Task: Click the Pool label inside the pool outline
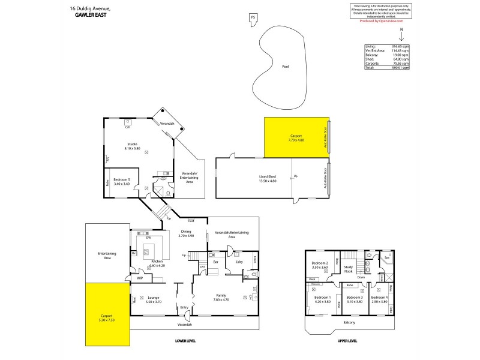pos(285,67)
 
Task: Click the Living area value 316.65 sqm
pos(401,46)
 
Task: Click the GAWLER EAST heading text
pos(89,15)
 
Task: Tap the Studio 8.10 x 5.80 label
pos(133,146)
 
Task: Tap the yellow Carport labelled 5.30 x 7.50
pos(106,317)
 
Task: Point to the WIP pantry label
pos(139,278)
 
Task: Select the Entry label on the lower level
pos(184,307)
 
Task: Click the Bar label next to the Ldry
pos(215,262)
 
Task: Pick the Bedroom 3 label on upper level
pos(354,299)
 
